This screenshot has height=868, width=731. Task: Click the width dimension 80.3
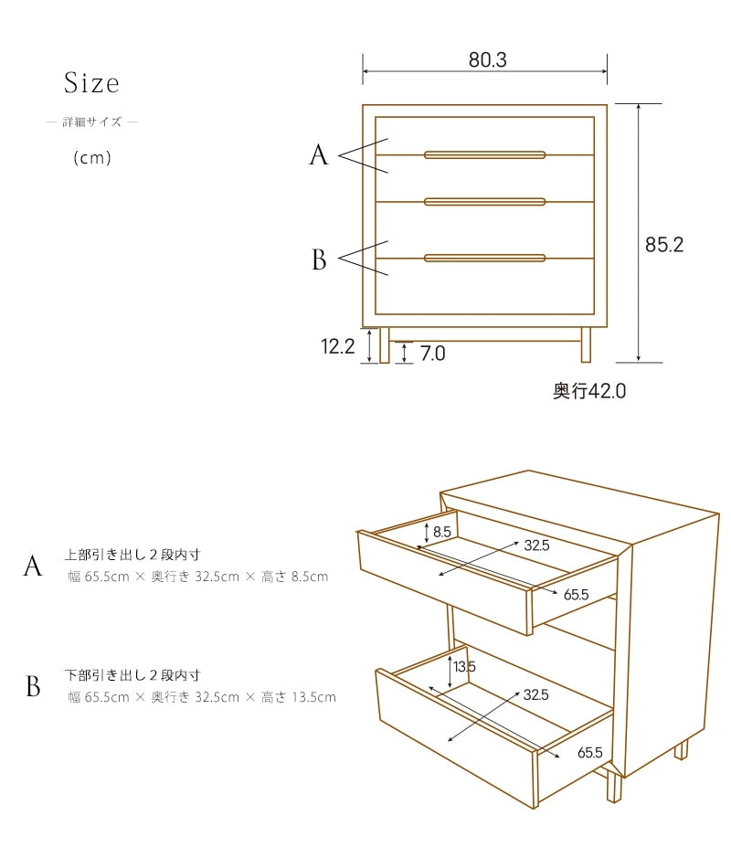487,59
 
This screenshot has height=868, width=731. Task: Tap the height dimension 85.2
664,245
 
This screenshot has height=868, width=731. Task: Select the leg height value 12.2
338,346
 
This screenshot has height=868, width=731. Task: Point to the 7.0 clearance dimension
432,354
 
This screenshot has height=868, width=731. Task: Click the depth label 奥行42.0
589,391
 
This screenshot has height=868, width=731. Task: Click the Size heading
91,83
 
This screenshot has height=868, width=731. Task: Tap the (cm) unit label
92,158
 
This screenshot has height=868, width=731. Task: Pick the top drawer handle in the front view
484,155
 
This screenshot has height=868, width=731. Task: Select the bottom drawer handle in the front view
484,258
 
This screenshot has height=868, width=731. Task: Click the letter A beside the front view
318,155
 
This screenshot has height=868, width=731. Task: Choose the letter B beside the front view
319,259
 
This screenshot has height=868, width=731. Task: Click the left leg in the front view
385,344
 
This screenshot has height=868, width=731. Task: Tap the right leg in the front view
586,344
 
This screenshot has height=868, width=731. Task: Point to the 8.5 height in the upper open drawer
442,532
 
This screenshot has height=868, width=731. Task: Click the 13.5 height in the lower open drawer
464,666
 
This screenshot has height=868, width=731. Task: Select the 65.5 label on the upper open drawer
576,595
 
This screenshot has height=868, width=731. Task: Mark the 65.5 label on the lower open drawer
589,752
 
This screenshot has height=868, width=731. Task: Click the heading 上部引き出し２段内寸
132,554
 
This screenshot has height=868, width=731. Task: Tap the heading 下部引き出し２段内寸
132,675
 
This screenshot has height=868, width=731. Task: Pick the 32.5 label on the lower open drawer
535,694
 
